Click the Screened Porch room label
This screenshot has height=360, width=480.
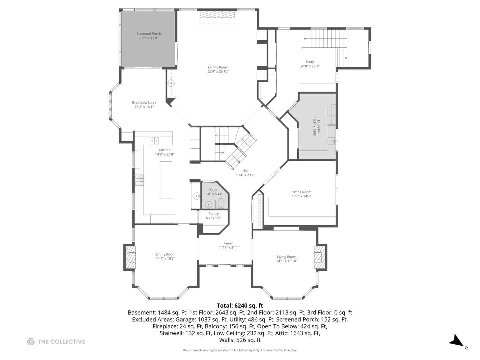(x=148, y=34)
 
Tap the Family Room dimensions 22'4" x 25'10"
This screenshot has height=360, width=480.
(x=218, y=71)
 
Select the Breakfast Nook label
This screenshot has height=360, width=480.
(x=144, y=103)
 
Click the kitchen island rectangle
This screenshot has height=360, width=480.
(x=166, y=180)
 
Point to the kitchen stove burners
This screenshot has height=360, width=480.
(x=139, y=180)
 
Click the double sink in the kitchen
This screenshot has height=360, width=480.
(x=154, y=141)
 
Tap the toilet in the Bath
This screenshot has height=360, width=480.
(x=221, y=203)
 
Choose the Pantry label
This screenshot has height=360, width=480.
(x=213, y=214)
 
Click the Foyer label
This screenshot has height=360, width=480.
(x=229, y=243)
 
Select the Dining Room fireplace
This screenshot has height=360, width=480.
(x=130, y=257)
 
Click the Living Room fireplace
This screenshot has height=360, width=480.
(x=320, y=257)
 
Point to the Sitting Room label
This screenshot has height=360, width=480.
(x=301, y=192)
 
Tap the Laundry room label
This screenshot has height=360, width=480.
(x=319, y=126)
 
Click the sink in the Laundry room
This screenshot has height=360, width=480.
(x=331, y=141)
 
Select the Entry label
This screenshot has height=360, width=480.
(x=310, y=62)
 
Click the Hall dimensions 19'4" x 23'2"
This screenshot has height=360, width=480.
(x=245, y=175)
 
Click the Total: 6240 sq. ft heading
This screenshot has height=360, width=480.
(x=240, y=305)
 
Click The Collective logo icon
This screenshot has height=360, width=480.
(x=31, y=341)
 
